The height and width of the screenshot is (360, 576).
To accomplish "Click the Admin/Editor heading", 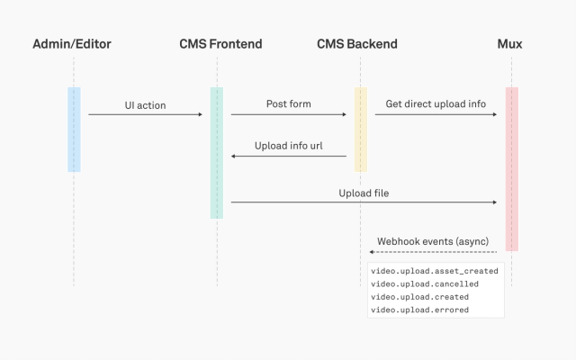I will (x=73, y=44).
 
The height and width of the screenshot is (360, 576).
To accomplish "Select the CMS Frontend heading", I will (x=216, y=44).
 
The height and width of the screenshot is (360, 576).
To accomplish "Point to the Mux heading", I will (x=509, y=44).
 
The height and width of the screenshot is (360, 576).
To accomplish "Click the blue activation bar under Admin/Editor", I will (x=74, y=129).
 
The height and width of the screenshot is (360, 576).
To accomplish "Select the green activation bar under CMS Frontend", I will (x=216, y=152).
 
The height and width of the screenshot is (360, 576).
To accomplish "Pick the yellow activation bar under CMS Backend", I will (x=360, y=129).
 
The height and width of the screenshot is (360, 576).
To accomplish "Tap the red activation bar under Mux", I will (x=511, y=168).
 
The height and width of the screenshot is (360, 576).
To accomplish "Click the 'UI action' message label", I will (x=145, y=105).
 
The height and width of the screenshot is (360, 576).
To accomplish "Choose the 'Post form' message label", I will (x=289, y=104).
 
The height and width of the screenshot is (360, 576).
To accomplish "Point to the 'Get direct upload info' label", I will (x=436, y=104).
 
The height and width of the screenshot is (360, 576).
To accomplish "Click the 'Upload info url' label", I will (x=289, y=146).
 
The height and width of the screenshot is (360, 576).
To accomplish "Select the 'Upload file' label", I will (x=364, y=193).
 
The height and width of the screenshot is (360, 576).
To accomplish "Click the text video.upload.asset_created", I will (x=435, y=271).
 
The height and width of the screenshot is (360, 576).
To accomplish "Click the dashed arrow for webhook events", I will (x=436, y=252).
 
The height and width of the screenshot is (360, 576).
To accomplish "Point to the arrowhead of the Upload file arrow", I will (x=495, y=203).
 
